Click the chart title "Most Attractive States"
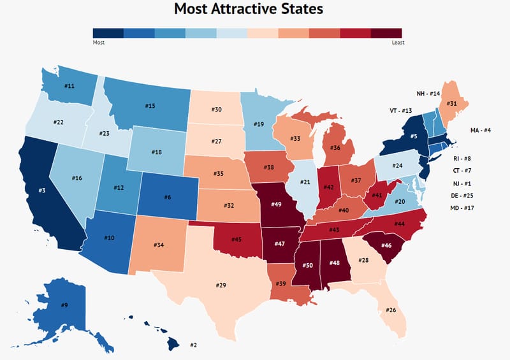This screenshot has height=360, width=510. click(x=249, y=10)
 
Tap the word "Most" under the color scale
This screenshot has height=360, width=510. click(x=98, y=43)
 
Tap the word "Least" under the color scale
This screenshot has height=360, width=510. click(x=398, y=43)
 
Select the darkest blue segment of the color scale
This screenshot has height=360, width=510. click(x=108, y=34)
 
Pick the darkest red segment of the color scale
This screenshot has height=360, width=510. click(x=387, y=34)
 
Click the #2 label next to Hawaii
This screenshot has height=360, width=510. click(x=193, y=345)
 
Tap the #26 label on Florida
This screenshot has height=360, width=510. click(x=391, y=310)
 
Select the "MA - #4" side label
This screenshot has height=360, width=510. click(x=481, y=130)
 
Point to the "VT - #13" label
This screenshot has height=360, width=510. click(x=402, y=110)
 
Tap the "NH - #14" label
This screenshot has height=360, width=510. click(x=428, y=93)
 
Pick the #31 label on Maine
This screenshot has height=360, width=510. click(x=451, y=103)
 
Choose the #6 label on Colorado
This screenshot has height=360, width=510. click(x=168, y=198)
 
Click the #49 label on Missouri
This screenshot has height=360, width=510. click(x=277, y=204)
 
